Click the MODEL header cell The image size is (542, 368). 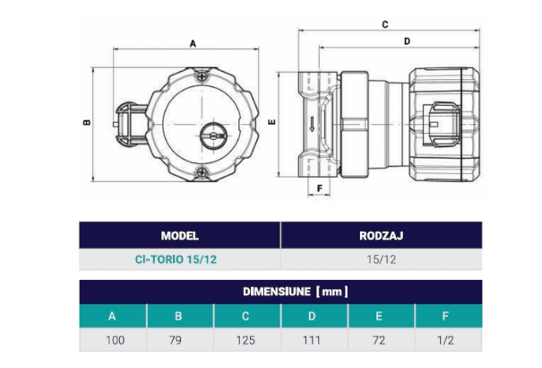(179, 236)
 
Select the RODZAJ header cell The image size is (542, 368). (383, 236)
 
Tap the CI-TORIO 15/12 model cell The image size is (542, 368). (179, 259)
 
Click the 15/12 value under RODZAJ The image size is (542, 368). (383, 259)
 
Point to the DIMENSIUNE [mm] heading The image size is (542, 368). (281, 292)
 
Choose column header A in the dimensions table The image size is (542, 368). (112, 316)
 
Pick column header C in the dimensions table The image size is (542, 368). (246, 316)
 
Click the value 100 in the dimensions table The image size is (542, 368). (112, 340)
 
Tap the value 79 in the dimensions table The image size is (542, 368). (179, 340)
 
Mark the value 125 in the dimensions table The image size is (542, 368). (246, 340)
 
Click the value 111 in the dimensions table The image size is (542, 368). (314, 340)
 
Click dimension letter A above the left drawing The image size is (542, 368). (193, 41)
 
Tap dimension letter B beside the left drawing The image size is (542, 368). (86, 123)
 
